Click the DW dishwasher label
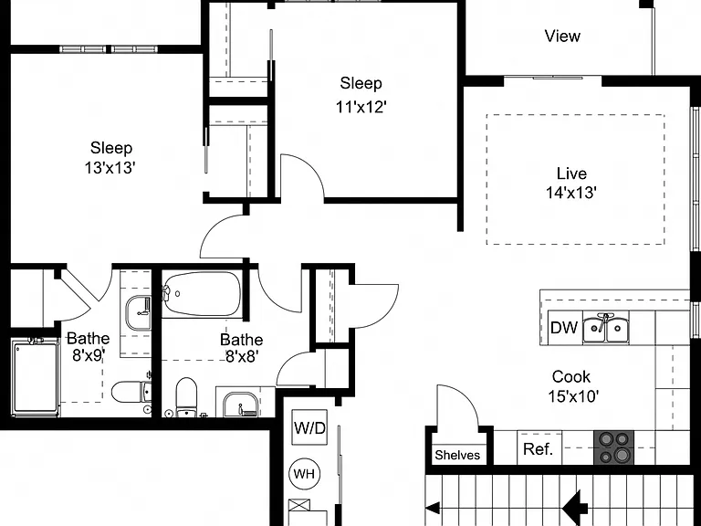coord(564,328)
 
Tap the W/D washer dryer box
coord(309,427)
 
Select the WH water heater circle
coord(305,474)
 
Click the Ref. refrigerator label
coord(538,448)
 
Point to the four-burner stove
coord(613,447)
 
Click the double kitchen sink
coord(606,328)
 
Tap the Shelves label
coord(457,456)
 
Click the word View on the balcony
coord(562,36)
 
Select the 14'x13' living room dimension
coord(571,193)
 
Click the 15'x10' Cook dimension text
coord(573,396)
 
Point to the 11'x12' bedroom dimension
coord(361,107)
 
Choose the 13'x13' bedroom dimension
coord(110,168)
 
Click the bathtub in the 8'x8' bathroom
coord(202,294)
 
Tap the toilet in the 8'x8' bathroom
coord(186,397)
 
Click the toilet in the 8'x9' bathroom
coord(131,393)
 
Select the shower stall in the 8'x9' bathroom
coord(36,377)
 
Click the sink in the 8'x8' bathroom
coord(241,405)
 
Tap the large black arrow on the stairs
coord(575,506)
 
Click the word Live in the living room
coord(571,174)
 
